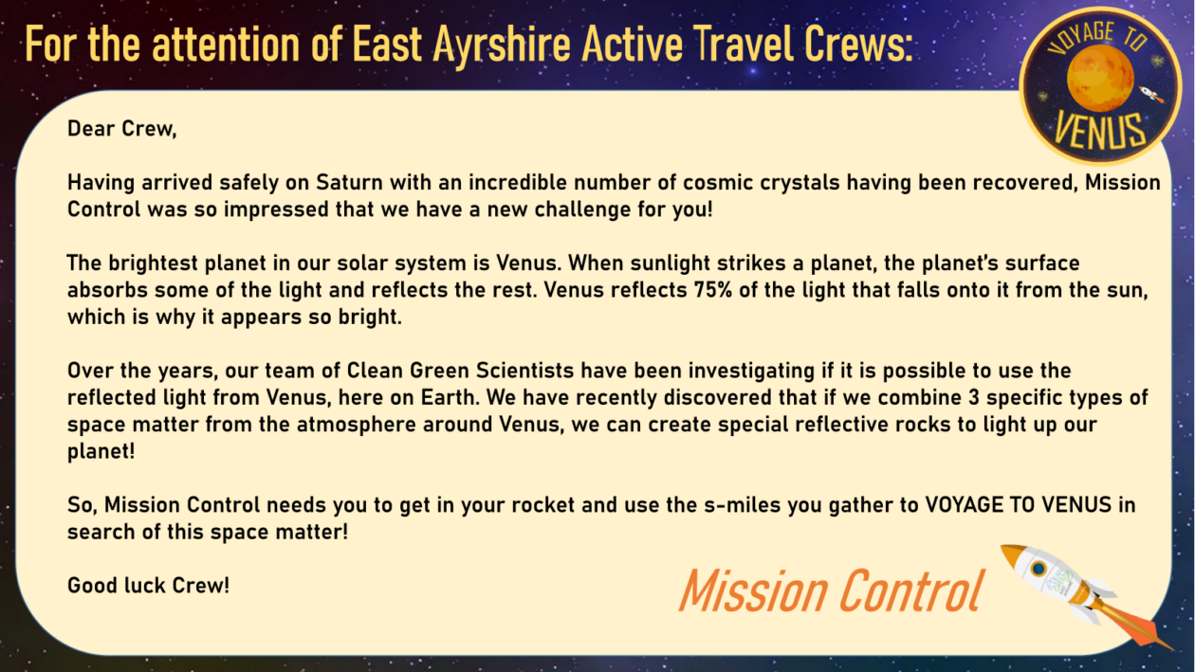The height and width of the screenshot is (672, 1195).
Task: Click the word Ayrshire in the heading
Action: tap(502, 45)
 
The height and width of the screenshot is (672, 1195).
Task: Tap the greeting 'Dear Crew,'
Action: tap(121, 129)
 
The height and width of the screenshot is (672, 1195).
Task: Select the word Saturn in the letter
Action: tap(349, 182)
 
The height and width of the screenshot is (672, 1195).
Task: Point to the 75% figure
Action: tap(713, 290)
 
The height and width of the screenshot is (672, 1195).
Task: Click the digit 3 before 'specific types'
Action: tap(974, 397)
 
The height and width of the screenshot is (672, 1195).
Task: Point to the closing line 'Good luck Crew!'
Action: tap(148, 586)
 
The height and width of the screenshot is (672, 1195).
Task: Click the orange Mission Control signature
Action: tap(831, 590)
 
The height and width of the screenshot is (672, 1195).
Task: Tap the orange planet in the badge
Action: tap(1100, 79)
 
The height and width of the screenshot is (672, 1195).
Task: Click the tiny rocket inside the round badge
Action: tap(1151, 95)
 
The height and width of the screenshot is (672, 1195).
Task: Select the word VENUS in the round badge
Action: tap(1100, 131)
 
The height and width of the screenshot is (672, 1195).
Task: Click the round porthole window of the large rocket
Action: tap(1039, 569)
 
